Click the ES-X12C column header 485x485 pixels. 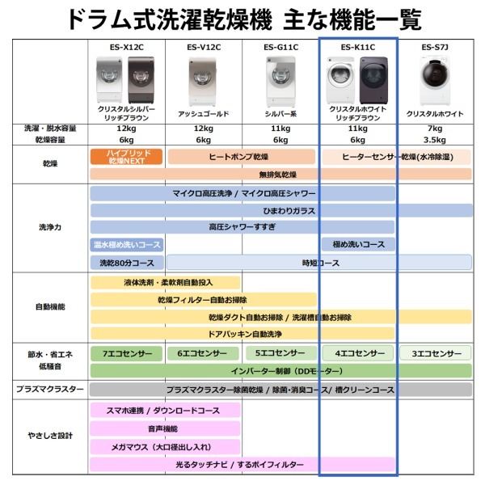127,48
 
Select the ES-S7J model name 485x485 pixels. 435,48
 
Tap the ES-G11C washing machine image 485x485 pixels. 280,82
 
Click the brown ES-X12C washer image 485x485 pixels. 141,80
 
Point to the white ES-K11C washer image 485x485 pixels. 341,80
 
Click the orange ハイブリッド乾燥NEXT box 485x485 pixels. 126,157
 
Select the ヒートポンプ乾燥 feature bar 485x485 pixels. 242,157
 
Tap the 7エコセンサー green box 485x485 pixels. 126,353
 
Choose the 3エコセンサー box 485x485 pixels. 435,353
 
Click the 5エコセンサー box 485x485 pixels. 281,353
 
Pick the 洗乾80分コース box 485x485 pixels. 127,263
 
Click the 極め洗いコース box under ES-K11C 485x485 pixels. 358,245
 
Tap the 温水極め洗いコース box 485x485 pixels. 127,245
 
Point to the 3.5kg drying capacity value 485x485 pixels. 435,140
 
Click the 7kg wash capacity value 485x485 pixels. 435,129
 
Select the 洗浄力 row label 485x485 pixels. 50,227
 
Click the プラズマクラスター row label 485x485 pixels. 50,389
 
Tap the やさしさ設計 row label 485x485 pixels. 50,436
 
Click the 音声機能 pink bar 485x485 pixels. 165,428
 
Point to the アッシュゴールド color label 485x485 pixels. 204,114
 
